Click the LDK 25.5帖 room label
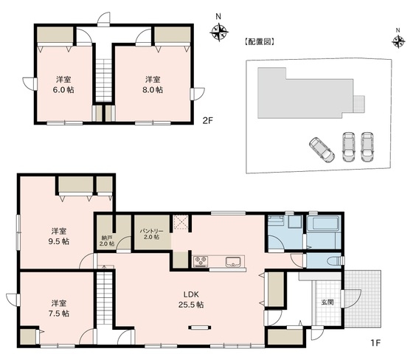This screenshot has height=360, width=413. (x=191, y=300)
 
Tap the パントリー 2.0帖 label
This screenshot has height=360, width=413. (x=151, y=234)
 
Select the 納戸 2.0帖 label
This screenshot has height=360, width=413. (x=107, y=240)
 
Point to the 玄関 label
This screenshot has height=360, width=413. (x=327, y=302)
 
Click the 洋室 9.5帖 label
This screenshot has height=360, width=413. (x=59, y=236)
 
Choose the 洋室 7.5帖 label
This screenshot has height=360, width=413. (x=59, y=308)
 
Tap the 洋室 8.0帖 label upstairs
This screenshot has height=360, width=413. (x=153, y=85)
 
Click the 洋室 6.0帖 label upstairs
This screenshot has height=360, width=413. (x=63, y=85)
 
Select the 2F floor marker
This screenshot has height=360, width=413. (x=207, y=120)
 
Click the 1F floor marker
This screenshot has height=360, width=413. (x=375, y=343)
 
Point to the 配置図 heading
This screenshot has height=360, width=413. (x=260, y=42)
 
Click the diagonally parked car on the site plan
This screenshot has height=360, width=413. (x=322, y=150)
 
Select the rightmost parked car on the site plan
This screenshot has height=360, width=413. (x=367, y=147)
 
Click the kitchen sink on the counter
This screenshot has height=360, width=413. (x=233, y=262)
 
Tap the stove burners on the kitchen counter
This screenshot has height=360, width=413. (x=201, y=261)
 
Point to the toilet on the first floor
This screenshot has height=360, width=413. (x=336, y=261)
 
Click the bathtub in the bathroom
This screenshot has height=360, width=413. (x=324, y=224)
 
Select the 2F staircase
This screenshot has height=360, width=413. (x=103, y=80)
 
